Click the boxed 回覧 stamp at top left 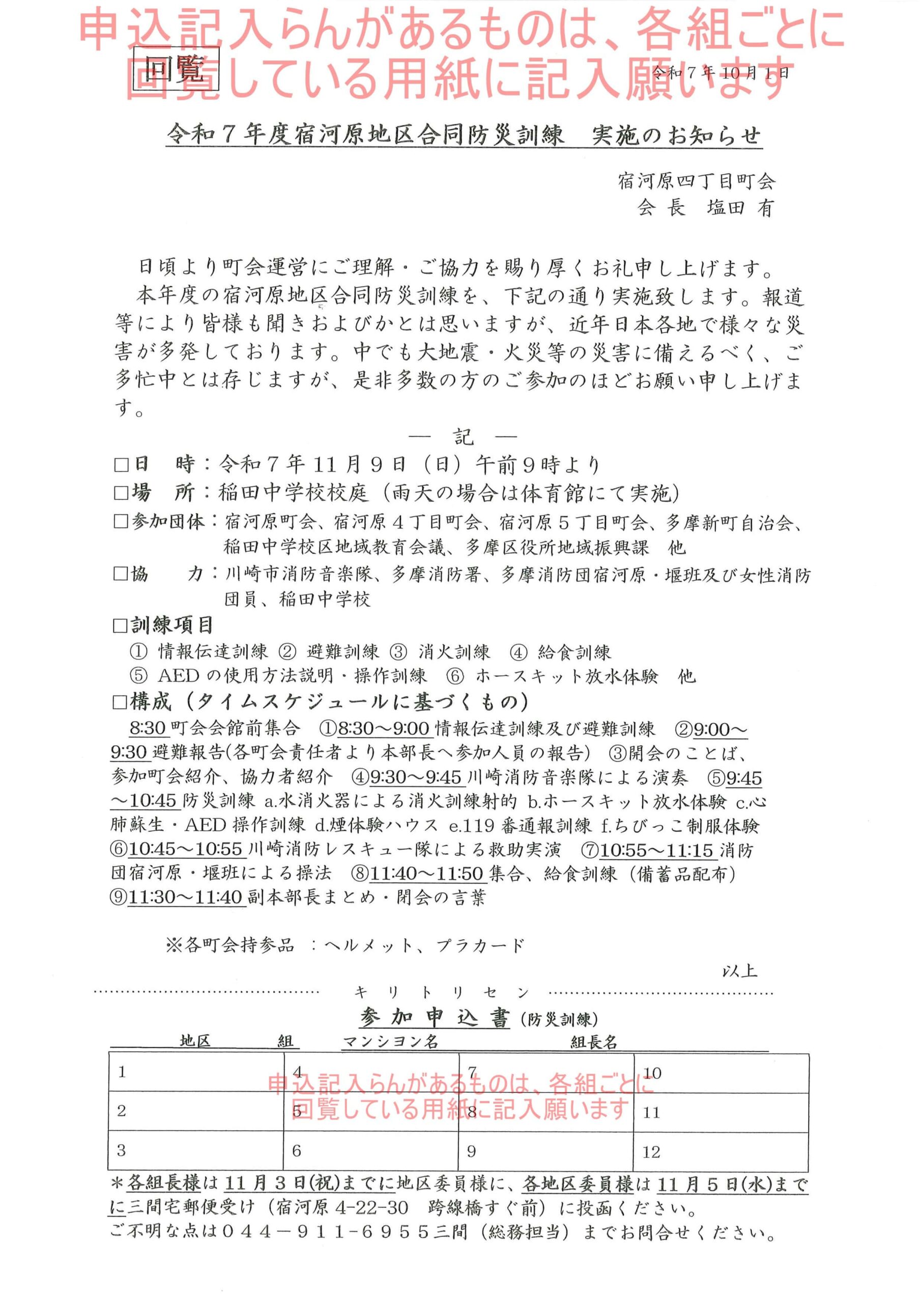(175, 72)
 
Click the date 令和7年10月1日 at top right (721, 73)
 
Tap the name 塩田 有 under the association (740, 208)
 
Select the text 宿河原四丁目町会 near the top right (696, 181)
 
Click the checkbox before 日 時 (121, 465)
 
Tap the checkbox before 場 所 (121, 493)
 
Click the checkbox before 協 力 (121, 574)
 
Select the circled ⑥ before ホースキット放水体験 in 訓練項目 (456, 676)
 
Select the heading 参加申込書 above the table (435, 1019)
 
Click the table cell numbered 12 (721, 1152)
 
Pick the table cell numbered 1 (196, 1073)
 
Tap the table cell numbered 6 (370, 1152)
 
